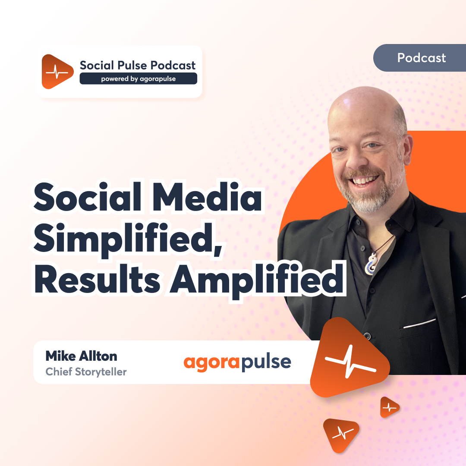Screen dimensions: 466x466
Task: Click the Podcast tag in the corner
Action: [x=421, y=58]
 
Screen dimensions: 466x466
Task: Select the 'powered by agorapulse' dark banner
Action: [x=138, y=79]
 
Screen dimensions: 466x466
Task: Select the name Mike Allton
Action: [x=81, y=356]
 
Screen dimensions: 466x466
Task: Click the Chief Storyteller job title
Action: [x=86, y=372]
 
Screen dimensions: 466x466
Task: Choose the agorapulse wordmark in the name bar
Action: [x=237, y=362]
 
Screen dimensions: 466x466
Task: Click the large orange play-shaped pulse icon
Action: [x=348, y=358]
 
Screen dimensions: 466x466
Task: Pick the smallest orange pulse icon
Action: [x=389, y=407]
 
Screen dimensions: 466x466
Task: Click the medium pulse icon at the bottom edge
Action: [x=340, y=435]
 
